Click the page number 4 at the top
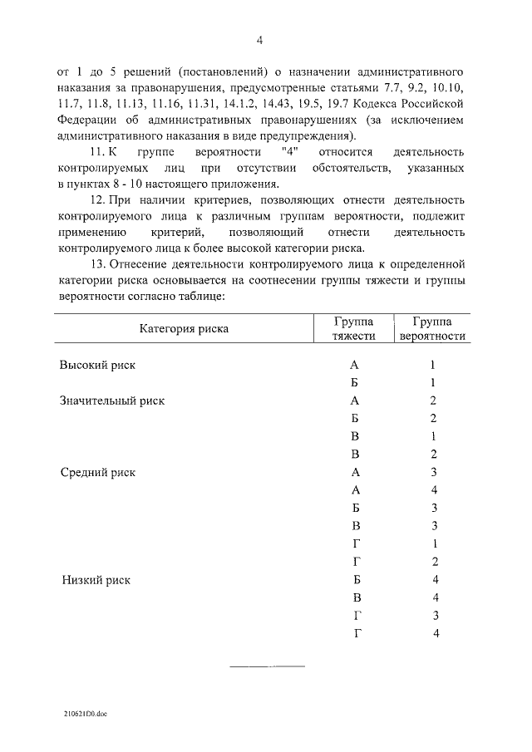(x=259, y=40)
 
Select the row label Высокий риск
(x=97, y=365)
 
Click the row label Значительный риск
(x=112, y=401)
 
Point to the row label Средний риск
(x=98, y=472)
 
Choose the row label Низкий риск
(x=96, y=579)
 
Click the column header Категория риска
(x=184, y=328)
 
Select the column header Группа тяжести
(x=355, y=328)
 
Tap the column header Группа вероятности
(x=433, y=328)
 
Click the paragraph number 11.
(x=96, y=154)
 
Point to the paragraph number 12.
(x=96, y=202)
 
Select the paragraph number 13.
(x=96, y=264)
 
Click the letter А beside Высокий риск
(x=355, y=365)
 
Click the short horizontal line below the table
(x=266, y=666)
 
